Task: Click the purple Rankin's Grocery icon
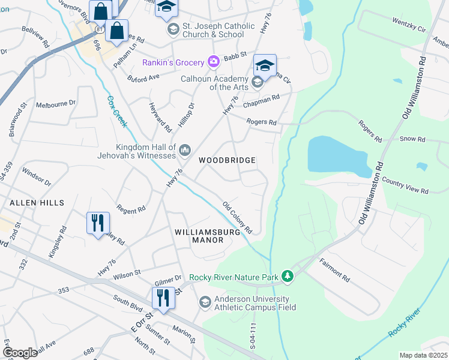tap(213, 62)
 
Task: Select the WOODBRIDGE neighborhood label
tap(228, 161)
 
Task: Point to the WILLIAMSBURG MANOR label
tap(199, 235)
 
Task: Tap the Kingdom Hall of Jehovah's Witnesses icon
tap(185, 149)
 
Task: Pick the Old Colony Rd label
tap(237, 218)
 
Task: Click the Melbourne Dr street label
tap(56, 104)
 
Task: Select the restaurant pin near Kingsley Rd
tap(97, 223)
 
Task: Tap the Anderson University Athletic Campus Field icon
tap(205, 302)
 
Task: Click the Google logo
tap(20, 353)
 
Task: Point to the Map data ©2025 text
tap(423, 355)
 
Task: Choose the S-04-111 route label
tap(253, 335)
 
